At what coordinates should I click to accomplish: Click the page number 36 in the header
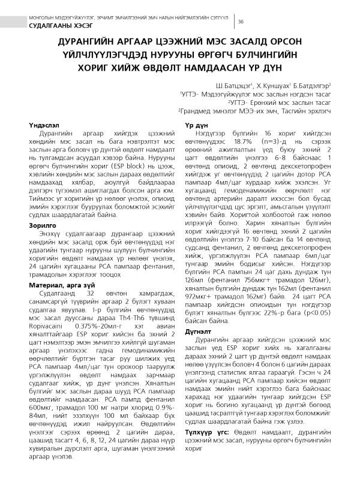241,22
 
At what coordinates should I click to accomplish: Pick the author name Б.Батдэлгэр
317,86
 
